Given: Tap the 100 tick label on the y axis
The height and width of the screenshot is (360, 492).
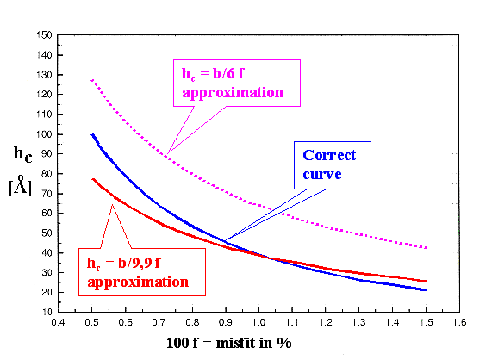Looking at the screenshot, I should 41,134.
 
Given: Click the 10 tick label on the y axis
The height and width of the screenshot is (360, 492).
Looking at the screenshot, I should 44,312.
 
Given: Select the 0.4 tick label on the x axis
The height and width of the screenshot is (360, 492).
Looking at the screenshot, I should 58,325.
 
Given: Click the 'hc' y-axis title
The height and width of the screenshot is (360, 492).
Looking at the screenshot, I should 23,155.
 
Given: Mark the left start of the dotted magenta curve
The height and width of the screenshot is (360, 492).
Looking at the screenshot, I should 91,80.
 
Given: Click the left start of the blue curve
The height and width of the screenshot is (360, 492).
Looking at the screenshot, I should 91,134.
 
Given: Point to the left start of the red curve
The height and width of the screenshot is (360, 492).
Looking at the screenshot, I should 91,179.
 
